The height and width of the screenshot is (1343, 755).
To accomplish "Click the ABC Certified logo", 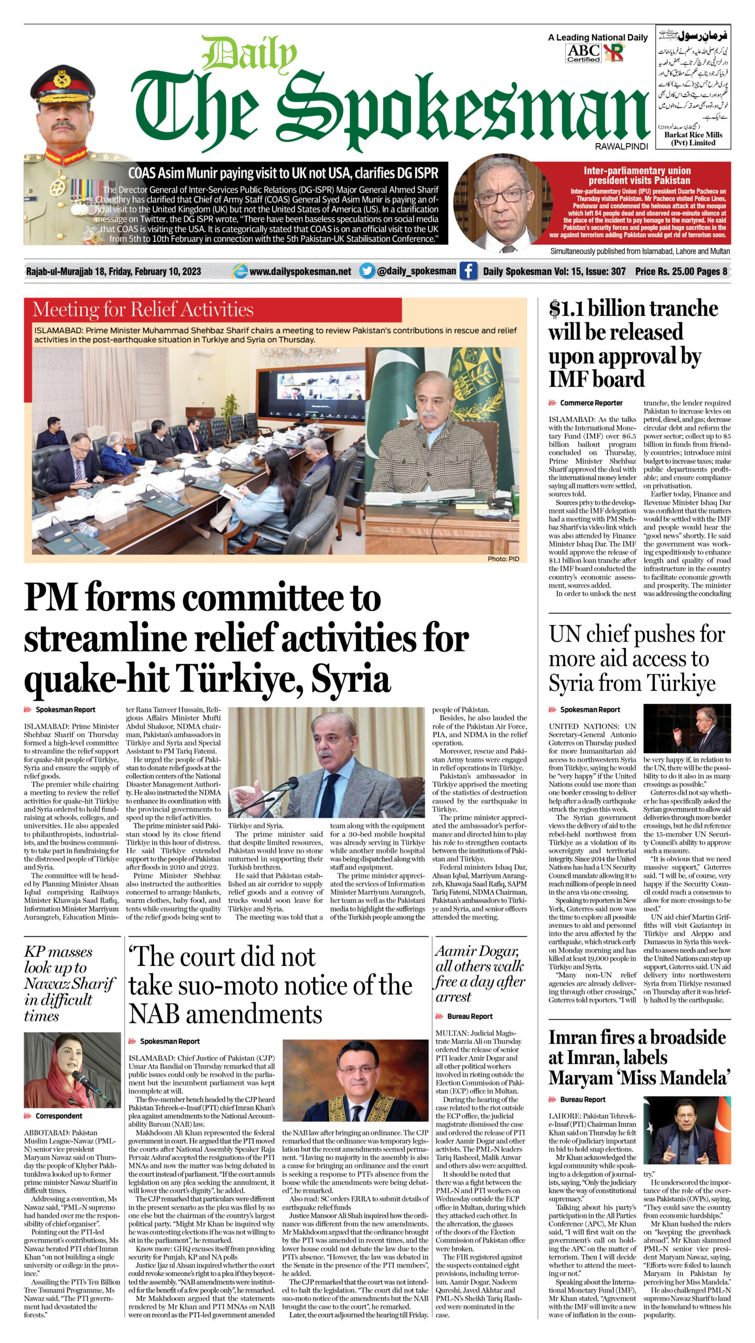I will pos(583,53).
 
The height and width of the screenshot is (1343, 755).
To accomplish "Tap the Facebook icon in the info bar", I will pos(468,271).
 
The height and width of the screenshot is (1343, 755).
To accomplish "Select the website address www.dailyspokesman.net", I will pos(300,271).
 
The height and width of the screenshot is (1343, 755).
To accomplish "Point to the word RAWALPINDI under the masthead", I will pos(621,147).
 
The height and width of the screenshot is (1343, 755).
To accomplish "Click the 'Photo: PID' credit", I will pos(503,559).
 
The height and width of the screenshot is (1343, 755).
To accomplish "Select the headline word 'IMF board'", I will pos(597,379).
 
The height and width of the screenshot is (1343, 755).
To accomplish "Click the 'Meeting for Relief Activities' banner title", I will pos(143,310).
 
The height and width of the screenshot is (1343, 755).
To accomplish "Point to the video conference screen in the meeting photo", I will pos(310,390).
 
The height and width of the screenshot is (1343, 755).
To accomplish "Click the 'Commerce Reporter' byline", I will pos(591,403).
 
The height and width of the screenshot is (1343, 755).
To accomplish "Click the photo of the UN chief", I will pos(686,729).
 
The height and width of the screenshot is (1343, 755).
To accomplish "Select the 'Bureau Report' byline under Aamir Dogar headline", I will pos(470,1016).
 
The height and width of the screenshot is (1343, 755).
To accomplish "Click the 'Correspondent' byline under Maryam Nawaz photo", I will pos(59,1116).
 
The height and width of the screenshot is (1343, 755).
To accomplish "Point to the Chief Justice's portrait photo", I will pos(355,1080).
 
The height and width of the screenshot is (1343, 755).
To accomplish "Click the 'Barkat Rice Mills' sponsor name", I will pos(693,135).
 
